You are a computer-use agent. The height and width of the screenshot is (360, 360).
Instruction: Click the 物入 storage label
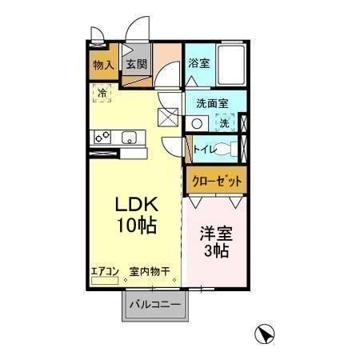pos(103,65)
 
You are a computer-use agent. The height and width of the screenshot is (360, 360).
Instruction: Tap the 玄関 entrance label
pos(134,65)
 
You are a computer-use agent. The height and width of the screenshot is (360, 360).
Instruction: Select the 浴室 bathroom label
pos(199,63)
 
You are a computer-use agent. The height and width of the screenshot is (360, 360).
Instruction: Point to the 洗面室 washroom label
pos(213,103)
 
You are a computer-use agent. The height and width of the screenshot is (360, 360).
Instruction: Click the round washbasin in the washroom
pos(198,123)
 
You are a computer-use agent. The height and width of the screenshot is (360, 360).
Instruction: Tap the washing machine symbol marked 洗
pos(226,122)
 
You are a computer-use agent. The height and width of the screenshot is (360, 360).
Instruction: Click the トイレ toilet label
pos(204,149)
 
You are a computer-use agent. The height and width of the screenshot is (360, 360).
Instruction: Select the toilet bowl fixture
pos(227,149)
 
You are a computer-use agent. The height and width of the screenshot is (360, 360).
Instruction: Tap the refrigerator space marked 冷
pos(102,94)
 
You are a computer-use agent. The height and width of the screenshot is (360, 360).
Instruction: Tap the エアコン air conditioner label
pos(104,272)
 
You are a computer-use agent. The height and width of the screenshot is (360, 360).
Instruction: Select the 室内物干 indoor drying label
pos(150,272)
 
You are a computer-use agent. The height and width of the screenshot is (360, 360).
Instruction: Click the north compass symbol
pos(263,334)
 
